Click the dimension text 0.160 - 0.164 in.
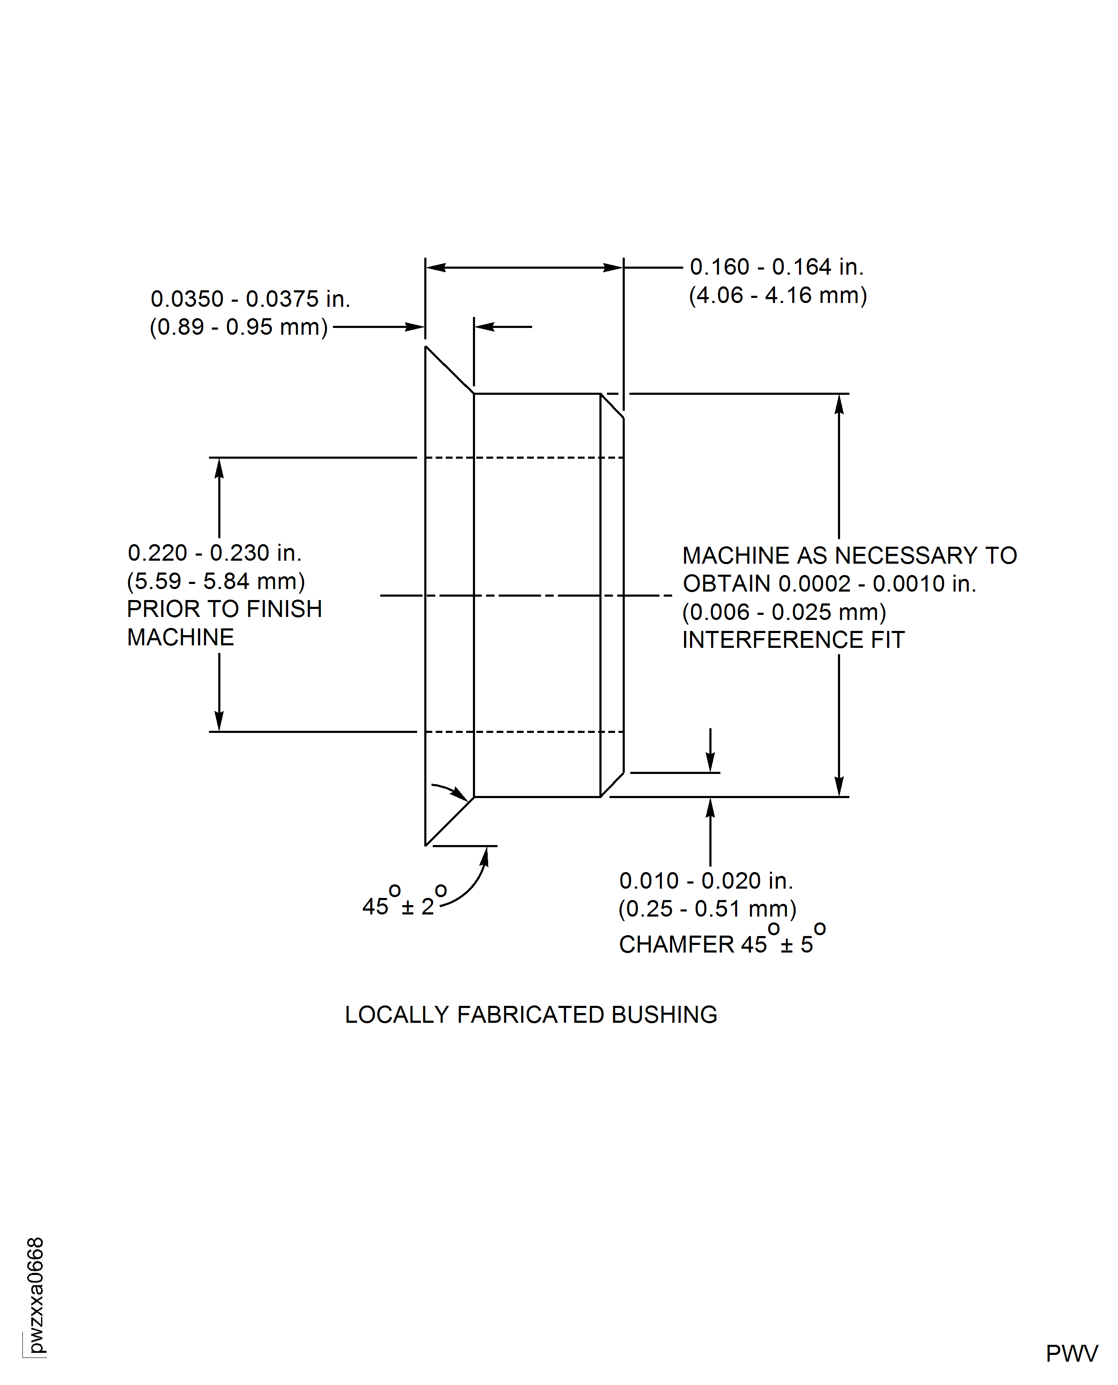(777, 267)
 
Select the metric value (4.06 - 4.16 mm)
(778, 295)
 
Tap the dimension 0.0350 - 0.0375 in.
(250, 299)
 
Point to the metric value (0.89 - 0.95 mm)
(239, 327)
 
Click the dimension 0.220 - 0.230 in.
(214, 553)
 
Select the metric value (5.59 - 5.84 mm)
(216, 581)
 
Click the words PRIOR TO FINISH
(225, 609)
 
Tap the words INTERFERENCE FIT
(794, 640)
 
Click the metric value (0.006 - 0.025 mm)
(784, 612)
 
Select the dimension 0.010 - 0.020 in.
(706, 881)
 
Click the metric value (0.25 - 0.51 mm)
(708, 909)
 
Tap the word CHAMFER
(677, 944)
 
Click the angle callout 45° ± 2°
(404, 900)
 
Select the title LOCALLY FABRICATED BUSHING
(531, 1015)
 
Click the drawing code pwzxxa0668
(36, 1295)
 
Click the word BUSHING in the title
(665, 1015)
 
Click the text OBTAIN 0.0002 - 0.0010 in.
(830, 584)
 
